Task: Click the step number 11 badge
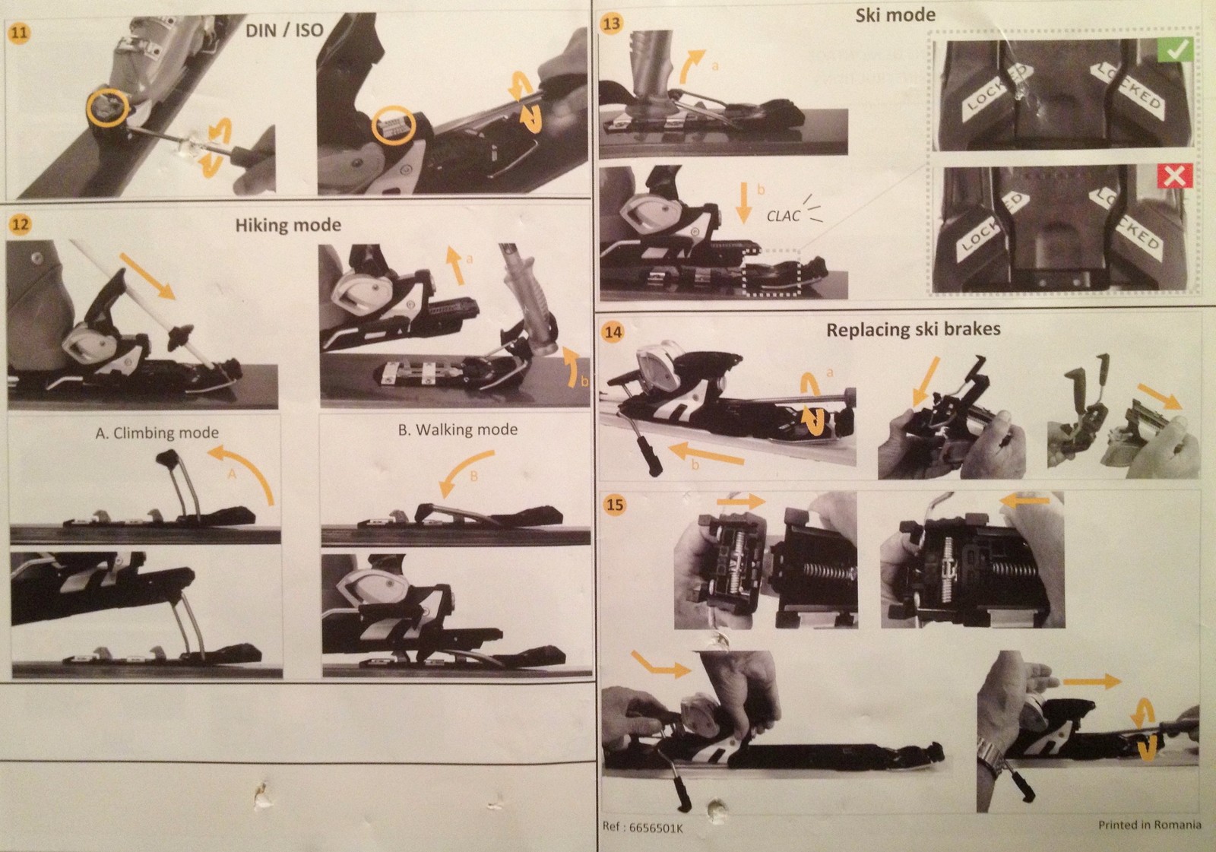click(x=19, y=33)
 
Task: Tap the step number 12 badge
click(x=21, y=224)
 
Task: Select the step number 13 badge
click(x=612, y=24)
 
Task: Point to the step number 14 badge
click(x=613, y=332)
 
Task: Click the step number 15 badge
click(x=614, y=505)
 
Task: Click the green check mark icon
click(x=1175, y=50)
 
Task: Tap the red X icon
click(x=1175, y=176)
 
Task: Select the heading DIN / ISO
click(x=284, y=30)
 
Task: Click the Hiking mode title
click(x=288, y=225)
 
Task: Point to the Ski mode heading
click(x=895, y=15)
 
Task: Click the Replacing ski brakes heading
click(x=913, y=330)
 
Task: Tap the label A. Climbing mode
click(x=157, y=432)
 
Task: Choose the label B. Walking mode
click(x=458, y=429)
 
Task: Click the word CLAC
click(x=783, y=216)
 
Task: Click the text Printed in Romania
click(x=1150, y=825)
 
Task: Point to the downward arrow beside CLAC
click(x=744, y=203)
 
